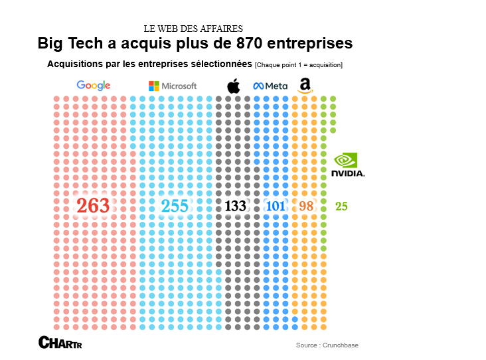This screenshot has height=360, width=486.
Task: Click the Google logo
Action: (93, 85)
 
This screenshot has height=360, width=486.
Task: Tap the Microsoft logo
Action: (173, 86)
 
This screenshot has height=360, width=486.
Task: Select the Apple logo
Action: (233, 86)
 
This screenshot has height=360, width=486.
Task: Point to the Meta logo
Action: (270, 86)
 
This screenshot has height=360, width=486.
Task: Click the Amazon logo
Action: (305, 85)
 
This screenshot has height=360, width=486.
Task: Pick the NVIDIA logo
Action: (347, 165)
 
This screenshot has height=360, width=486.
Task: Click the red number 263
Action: (93, 206)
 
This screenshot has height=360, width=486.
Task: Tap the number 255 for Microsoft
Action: (175, 206)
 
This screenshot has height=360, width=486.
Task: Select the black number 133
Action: (235, 206)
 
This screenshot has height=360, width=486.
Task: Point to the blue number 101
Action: (275, 206)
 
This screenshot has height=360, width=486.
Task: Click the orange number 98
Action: (306, 206)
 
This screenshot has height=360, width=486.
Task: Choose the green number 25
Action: (341, 206)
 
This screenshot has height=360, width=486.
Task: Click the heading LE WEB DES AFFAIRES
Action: (193, 29)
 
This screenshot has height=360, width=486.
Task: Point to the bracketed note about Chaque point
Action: (299, 65)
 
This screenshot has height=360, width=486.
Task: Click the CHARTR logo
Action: (60, 343)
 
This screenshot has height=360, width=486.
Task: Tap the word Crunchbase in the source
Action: (341, 345)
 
